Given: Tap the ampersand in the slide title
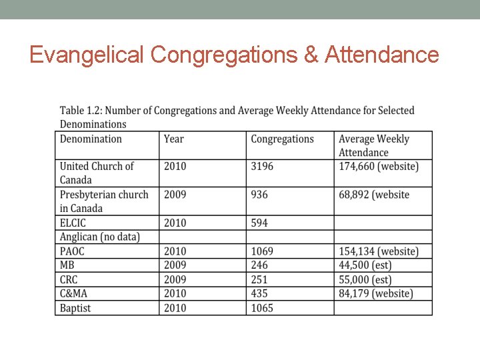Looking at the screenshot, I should (x=311, y=55).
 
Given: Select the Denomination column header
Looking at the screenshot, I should (x=91, y=139).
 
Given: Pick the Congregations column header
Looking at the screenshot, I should (x=282, y=139).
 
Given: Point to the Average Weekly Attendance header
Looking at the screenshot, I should (x=373, y=145).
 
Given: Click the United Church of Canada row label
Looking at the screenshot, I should (x=96, y=173).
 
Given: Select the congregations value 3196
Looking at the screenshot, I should (x=262, y=166).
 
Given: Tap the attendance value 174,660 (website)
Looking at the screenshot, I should (x=379, y=166).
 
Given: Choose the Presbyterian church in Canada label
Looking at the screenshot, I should (x=103, y=201).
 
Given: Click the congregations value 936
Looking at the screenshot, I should (x=259, y=195).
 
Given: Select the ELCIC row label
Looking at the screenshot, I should (x=73, y=223).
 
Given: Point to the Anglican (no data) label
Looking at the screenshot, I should (x=99, y=237).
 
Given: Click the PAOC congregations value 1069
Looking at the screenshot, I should (x=262, y=251).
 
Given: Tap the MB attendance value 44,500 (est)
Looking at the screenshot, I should (x=365, y=265).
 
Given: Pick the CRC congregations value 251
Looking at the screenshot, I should (x=259, y=279).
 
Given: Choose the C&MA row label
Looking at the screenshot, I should (x=73, y=293).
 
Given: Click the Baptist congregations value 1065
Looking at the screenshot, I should (x=262, y=308).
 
